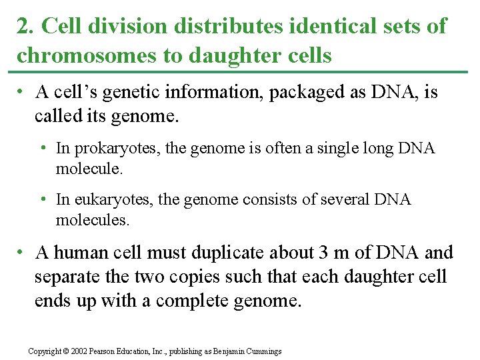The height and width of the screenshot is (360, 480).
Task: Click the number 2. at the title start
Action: pos(24,27)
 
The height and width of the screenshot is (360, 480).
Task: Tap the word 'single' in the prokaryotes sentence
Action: pos(319,148)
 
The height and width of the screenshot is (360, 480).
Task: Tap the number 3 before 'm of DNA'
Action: pos(323,253)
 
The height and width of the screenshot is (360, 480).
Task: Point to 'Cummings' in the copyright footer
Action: pos(263,351)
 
